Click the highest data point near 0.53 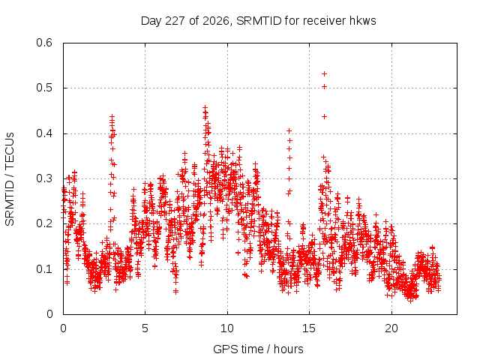click(324, 73)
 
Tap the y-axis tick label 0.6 click(44, 43)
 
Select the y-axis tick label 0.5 click(44, 88)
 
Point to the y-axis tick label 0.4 click(44, 133)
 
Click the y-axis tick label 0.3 click(44, 178)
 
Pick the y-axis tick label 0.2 click(44, 223)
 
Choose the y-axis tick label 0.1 click(44, 269)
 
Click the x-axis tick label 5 click(145, 328)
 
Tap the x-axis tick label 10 click(227, 328)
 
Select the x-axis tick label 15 click(309, 328)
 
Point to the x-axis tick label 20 click(391, 328)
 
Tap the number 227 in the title click(175, 21)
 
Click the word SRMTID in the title click(259, 21)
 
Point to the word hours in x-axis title click(288, 349)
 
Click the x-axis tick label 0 click(63, 328)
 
